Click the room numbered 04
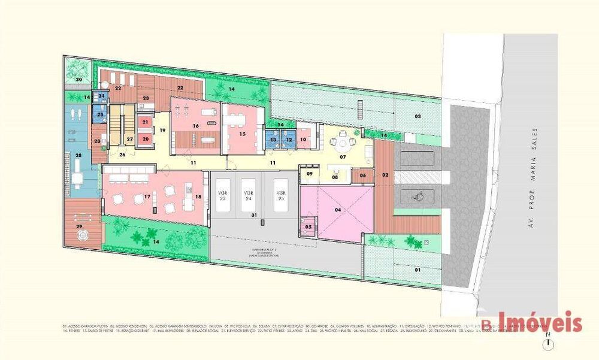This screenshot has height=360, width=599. (338, 210)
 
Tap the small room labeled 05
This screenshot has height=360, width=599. (308, 227)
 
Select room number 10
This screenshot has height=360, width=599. (303, 140)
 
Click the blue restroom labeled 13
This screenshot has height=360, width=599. (273, 140)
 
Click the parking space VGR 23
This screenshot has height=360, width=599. (222, 196)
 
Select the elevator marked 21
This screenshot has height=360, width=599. (145, 122)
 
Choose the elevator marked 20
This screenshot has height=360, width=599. (145, 139)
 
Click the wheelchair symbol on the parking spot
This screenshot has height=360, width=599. (419, 195)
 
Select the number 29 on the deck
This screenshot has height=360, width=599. (78, 226)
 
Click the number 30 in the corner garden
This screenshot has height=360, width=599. (78, 79)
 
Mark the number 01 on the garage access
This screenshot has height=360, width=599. (418, 270)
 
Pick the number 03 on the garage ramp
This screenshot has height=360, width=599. (418, 116)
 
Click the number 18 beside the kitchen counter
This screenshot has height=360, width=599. (198, 197)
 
